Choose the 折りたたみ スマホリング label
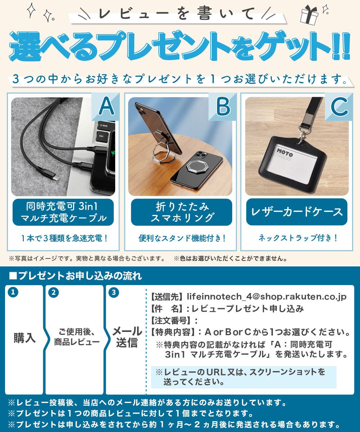(x=181, y=212)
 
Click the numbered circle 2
(x=53, y=293)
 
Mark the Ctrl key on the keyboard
(x=101, y=136)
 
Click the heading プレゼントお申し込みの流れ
(x=76, y=276)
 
